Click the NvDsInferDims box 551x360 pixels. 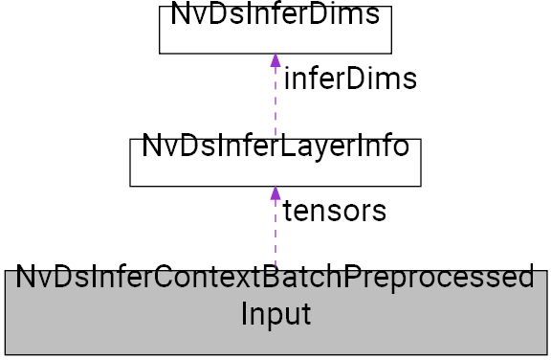point(275,29)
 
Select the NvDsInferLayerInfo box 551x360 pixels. point(275,161)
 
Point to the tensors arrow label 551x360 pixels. point(335,211)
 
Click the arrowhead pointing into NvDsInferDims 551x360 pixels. point(275,59)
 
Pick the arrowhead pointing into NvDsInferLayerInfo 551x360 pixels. point(275,192)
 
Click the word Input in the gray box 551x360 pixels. point(275,313)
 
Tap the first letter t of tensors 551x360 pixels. point(287,211)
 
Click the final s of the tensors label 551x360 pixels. point(380,211)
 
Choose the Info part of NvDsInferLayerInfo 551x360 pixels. point(378,148)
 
